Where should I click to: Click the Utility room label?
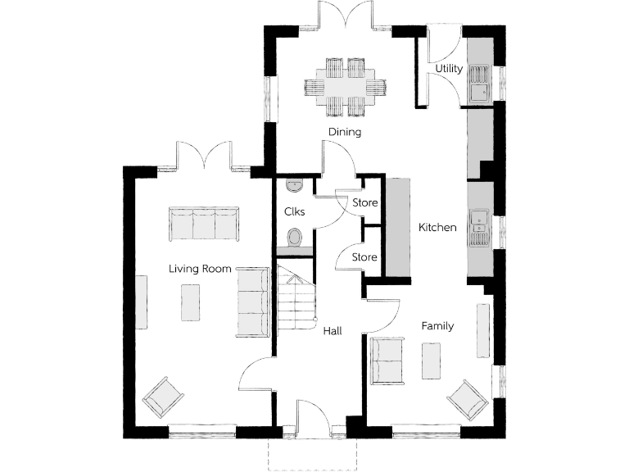[x=449, y=69]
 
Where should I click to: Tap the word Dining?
[x=345, y=131]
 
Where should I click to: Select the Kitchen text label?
[x=437, y=227]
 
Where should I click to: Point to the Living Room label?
[x=200, y=268]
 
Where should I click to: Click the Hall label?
[x=332, y=331]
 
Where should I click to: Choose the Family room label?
[x=437, y=326]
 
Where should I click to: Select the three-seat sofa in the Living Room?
[x=203, y=224]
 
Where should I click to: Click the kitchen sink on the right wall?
[x=479, y=226]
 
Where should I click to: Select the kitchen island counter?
[x=397, y=226]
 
